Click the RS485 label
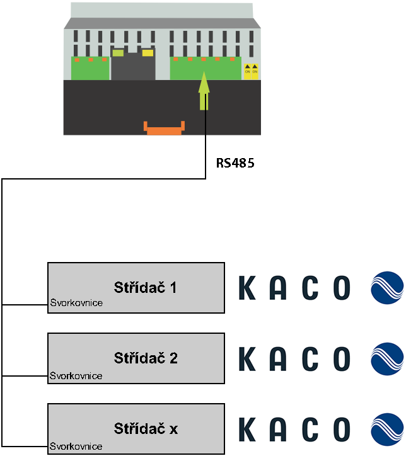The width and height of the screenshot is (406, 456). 235,163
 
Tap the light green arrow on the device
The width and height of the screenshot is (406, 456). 204,91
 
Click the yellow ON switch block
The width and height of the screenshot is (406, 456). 251,70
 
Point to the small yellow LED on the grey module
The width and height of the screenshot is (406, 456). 148,53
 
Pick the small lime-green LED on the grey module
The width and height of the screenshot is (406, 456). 118,53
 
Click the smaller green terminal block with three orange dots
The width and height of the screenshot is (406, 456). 90,68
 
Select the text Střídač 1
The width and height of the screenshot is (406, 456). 146,288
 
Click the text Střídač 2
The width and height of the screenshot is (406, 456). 146,358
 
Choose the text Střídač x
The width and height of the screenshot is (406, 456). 146,430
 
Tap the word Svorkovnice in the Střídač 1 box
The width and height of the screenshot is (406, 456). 76,304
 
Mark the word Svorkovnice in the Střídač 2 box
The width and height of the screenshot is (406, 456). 76,376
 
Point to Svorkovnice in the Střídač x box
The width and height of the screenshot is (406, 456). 76,447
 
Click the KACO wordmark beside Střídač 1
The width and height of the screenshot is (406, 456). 294,288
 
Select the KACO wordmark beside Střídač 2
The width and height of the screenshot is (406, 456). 294,359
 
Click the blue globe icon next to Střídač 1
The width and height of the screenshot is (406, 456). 386,288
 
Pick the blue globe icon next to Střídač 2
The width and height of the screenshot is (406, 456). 386,359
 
